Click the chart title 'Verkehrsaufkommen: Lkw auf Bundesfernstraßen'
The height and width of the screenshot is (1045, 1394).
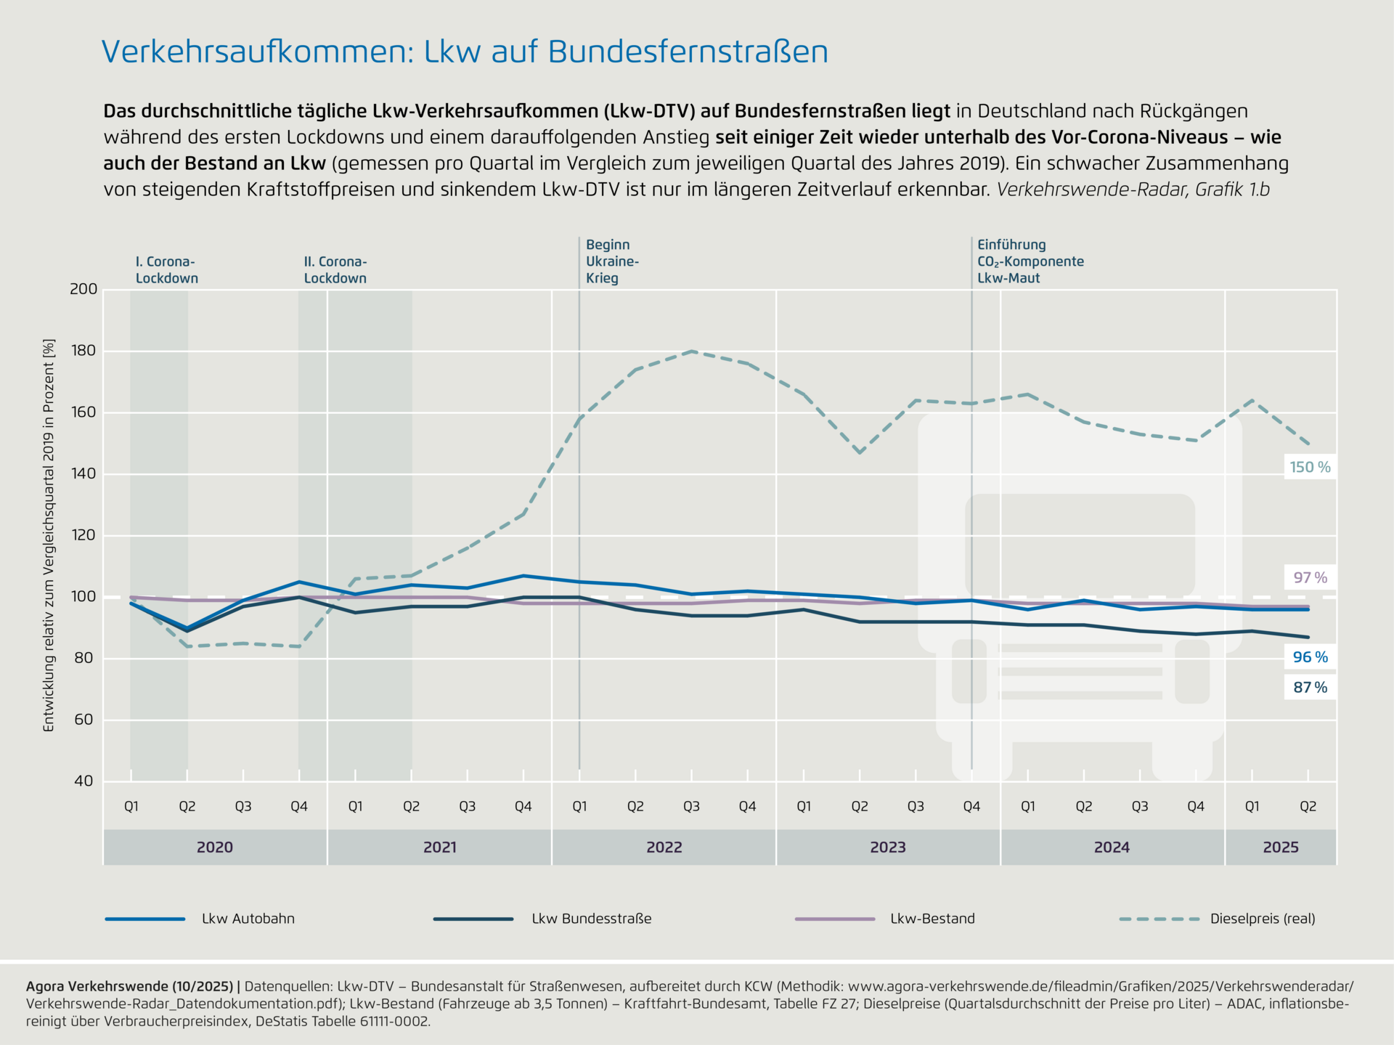click(465, 52)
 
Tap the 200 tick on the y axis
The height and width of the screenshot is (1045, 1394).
click(83, 289)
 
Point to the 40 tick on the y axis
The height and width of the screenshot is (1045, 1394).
click(83, 781)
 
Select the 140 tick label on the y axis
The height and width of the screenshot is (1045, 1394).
click(83, 474)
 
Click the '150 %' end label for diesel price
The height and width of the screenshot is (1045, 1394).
click(1310, 467)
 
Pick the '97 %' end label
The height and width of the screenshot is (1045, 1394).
click(1310, 578)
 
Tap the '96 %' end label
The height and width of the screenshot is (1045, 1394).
click(1310, 657)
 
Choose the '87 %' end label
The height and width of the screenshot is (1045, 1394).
click(1310, 688)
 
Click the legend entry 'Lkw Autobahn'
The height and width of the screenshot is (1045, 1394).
click(248, 919)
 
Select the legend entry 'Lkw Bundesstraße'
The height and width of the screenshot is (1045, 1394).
click(591, 919)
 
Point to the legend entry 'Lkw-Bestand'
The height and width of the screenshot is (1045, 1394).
click(932, 919)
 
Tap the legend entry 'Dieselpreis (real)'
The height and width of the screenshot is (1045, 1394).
click(1262, 919)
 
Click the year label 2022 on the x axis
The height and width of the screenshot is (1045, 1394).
click(664, 847)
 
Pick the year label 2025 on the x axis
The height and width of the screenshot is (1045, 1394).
click(1280, 847)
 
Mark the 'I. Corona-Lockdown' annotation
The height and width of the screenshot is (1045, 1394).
click(166, 270)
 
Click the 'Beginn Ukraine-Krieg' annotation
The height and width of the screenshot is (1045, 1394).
click(612, 261)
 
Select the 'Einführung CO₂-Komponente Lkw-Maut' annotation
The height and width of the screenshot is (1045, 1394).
click(1030, 261)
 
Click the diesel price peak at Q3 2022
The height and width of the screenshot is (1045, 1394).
click(692, 351)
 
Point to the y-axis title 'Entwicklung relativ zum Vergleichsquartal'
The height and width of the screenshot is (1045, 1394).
click(49, 534)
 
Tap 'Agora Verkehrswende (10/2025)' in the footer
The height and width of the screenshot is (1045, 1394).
click(129, 987)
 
